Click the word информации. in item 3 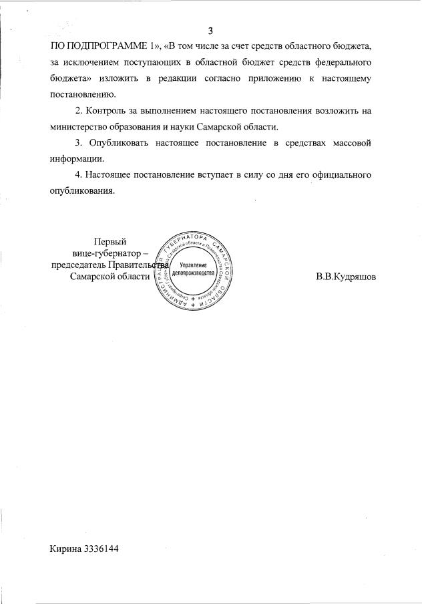[77, 158]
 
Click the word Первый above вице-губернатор [110, 243]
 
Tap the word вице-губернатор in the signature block [106, 254]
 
